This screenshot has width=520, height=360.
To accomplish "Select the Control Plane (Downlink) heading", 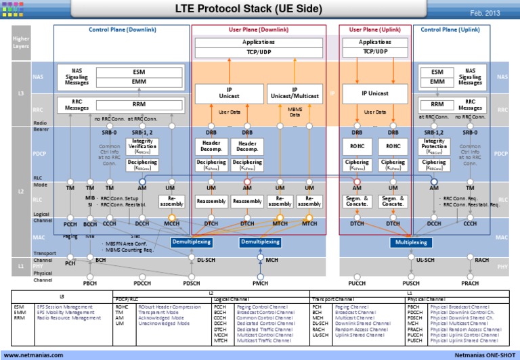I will coord(121,30).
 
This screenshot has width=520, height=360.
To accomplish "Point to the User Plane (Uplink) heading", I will coord(374,30).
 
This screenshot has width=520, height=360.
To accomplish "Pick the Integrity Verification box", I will coord(142,148).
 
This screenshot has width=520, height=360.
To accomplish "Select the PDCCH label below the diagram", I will coord(143,283).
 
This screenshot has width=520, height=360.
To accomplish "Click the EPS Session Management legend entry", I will coord(62,307).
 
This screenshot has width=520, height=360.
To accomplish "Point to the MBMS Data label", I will coord(295,113).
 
